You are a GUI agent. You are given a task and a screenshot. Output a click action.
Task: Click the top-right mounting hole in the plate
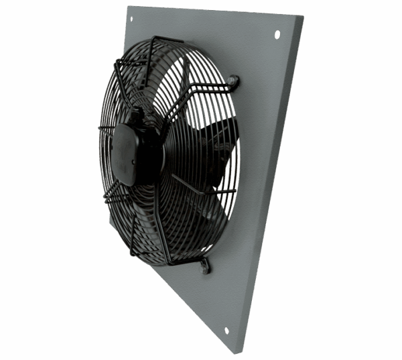pyautogui.click(x=276, y=34)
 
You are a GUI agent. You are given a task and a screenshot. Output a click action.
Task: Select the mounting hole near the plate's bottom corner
pyautogui.click(x=226, y=330)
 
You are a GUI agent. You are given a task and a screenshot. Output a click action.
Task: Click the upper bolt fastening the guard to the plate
pyautogui.click(x=234, y=82)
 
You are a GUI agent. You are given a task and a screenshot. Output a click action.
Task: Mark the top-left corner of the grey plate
pyautogui.click(x=127, y=7)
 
